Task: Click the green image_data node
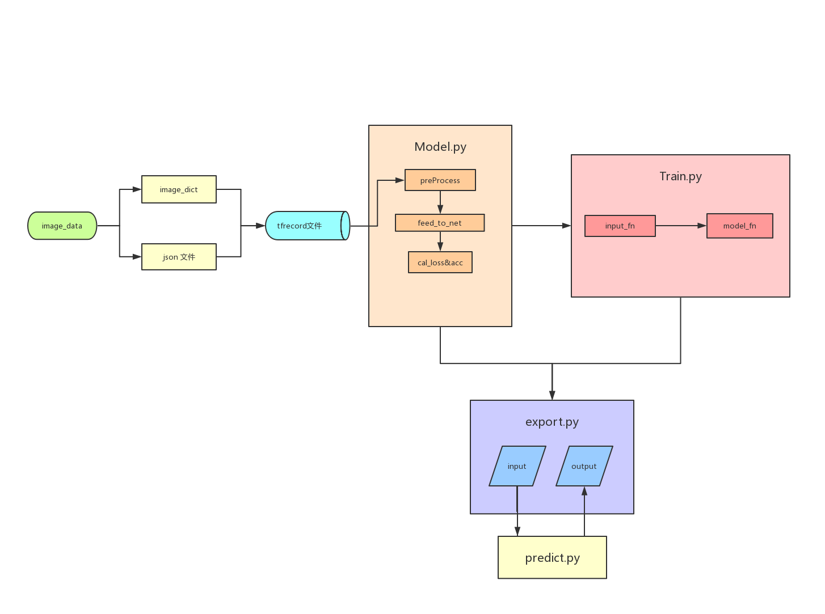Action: [x=62, y=226]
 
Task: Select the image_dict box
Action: [x=179, y=189]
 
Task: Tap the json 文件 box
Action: [x=179, y=257]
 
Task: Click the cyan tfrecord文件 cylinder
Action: [x=306, y=226]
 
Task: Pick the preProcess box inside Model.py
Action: [x=440, y=180]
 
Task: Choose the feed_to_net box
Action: [x=440, y=223]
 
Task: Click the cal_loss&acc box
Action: [x=440, y=262]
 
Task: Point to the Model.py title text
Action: [x=440, y=147]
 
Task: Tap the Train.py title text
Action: [x=680, y=176]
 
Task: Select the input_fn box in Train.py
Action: [x=620, y=226]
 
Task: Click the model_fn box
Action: [x=739, y=226]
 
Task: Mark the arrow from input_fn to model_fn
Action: [x=681, y=226]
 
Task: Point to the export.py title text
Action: [x=552, y=422]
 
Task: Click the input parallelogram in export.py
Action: [x=517, y=466]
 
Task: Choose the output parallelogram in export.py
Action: [x=584, y=466]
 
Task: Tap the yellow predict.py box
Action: [x=552, y=557]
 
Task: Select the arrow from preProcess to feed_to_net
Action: [x=440, y=202]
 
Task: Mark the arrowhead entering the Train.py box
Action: [x=566, y=226]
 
